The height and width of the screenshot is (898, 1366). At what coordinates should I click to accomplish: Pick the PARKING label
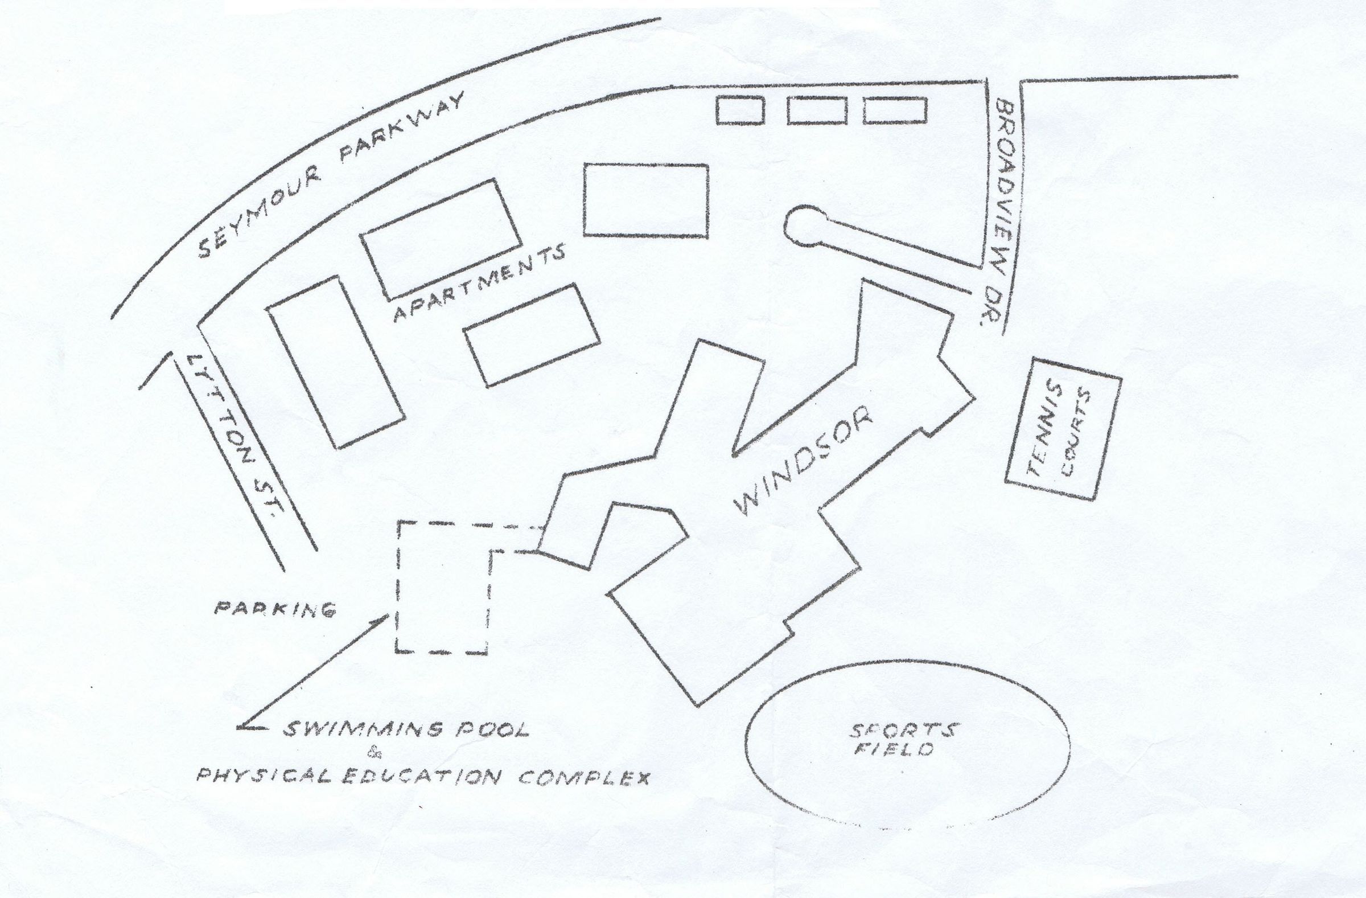coord(274,609)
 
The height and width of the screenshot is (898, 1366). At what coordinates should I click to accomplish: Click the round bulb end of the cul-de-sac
coord(807,226)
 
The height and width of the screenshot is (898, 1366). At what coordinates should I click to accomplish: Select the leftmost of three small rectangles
coord(739,110)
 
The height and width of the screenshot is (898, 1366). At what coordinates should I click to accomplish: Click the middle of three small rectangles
coord(817,110)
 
